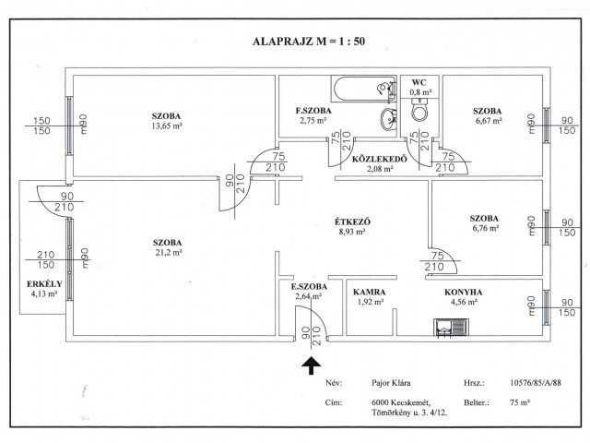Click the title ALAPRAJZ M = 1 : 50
click(309, 41)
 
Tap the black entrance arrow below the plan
click(312, 365)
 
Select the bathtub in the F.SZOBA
click(364, 89)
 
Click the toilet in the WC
click(419, 110)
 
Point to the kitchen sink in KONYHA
click(451, 328)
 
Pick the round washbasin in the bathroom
click(388, 119)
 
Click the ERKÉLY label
click(44, 284)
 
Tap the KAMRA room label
click(369, 292)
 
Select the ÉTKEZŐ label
click(352, 221)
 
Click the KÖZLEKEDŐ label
click(380, 159)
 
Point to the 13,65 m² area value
click(167, 126)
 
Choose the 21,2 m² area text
click(169, 252)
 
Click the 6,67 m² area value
click(488, 121)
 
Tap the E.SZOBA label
click(309, 287)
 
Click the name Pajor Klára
click(391, 383)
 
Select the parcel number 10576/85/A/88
click(536, 383)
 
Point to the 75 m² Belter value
click(520, 402)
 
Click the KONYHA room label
click(463, 292)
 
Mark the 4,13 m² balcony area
click(44, 293)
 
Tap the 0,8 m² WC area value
click(420, 91)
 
